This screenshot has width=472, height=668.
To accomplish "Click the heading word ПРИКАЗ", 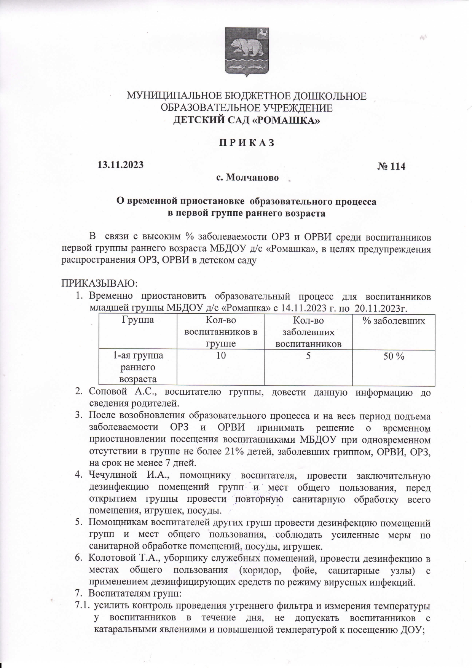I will tap(246, 143).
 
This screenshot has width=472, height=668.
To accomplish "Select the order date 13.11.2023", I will tap(121, 165).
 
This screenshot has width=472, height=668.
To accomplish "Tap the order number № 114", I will tap(391, 167).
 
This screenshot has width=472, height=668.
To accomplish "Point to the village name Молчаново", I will tap(252, 178).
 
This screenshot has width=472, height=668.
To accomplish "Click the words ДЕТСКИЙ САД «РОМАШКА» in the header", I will tap(246, 121).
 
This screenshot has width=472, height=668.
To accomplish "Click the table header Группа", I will tap(138, 320).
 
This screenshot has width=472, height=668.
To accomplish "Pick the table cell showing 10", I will tap(221, 356).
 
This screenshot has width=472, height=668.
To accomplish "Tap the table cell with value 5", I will tap(308, 356).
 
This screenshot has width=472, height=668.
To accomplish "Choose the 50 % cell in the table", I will tap(394, 356).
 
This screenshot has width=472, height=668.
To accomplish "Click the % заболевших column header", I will tap(394, 321).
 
